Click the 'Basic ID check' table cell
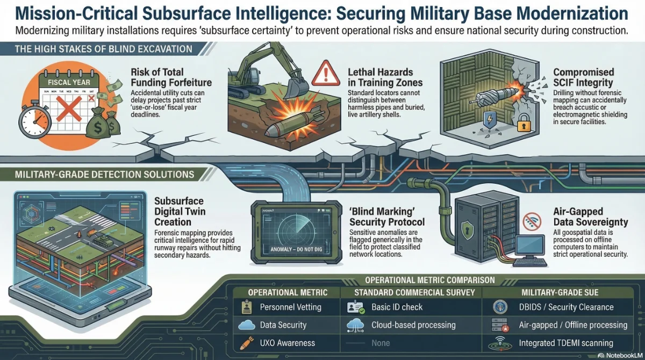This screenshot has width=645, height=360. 397,307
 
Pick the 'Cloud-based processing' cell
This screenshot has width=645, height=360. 413,325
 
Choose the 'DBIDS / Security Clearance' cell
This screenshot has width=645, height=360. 566,307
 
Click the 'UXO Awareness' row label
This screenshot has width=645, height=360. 287,343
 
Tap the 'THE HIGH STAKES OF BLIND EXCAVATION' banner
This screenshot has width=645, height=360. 97,49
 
